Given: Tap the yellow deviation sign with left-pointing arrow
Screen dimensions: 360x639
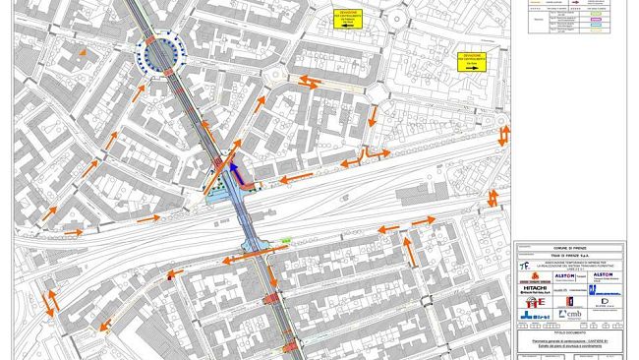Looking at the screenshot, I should (x=346, y=19).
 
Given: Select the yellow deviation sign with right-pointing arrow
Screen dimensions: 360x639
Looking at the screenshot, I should (x=474, y=62).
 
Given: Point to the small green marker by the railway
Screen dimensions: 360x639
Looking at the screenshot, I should (x=287, y=240).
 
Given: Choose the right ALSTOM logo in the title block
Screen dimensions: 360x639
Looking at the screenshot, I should (x=602, y=274).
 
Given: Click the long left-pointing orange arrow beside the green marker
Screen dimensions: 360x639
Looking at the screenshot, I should (x=240, y=260).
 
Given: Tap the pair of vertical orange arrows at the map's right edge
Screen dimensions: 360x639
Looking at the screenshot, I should (x=493, y=198).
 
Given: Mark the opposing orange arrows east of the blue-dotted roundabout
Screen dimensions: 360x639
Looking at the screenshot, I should (x=310, y=82).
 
